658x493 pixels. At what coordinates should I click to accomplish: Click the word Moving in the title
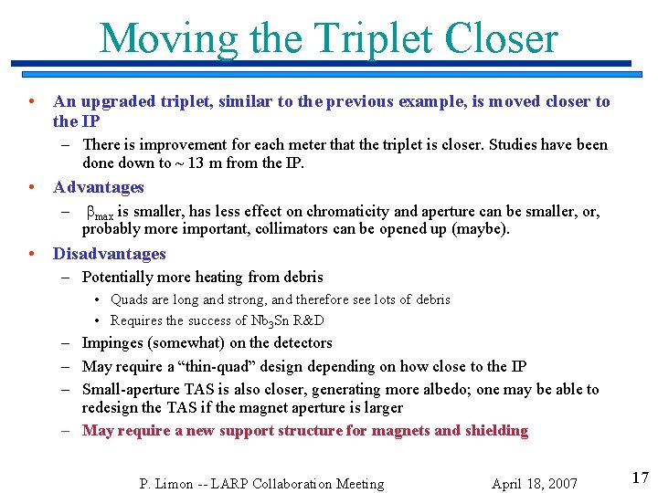coord(167,38)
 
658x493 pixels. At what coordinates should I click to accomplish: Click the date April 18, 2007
coord(535,484)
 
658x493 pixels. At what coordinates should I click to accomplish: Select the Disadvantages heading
coord(110,254)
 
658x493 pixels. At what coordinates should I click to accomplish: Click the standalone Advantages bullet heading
coord(99,187)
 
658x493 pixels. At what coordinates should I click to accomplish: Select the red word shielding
coord(494,431)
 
